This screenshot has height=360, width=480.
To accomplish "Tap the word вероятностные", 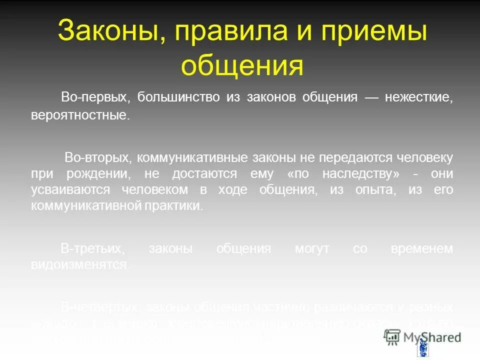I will tap(80, 115).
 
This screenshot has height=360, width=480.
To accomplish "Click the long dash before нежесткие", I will tap(370, 97).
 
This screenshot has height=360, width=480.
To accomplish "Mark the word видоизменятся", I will tap(80, 265).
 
